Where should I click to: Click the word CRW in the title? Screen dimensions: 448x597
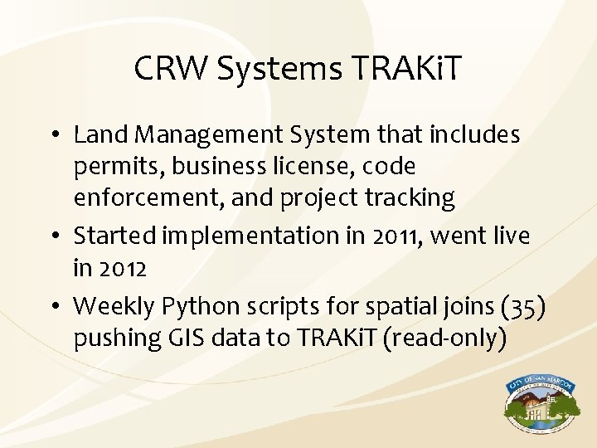pyautogui.click(x=172, y=69)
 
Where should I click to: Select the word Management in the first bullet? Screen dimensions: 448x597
pyautogui.click(x=203, y=134)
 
